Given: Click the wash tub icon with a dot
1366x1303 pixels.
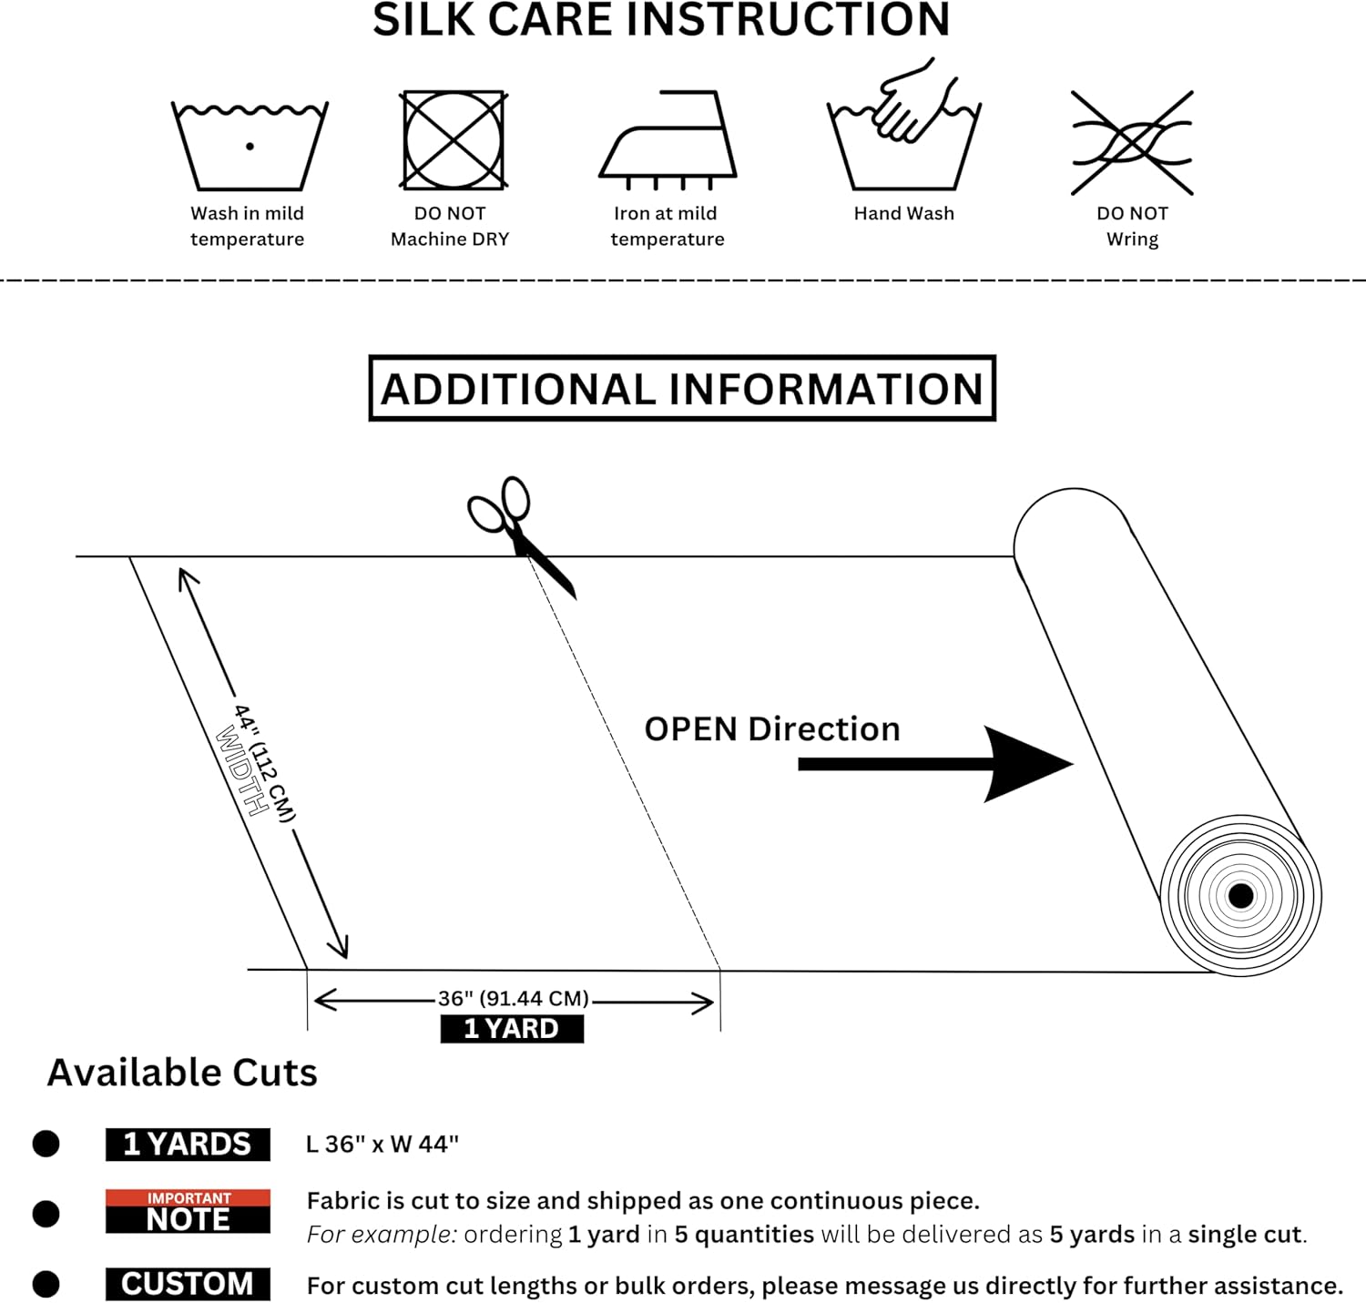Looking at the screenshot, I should pos(249,146).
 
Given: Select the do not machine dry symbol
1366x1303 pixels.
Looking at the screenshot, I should pos(454,140).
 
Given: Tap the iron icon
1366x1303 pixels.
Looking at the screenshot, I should pos(667,141).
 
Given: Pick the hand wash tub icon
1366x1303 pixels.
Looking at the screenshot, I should pos(903,132).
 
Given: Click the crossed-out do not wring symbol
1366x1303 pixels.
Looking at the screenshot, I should pos(1132,142).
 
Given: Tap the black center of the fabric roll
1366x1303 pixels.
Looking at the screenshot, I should pos(1240,896).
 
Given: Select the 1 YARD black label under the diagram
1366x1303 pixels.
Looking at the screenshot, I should pos(511,1029).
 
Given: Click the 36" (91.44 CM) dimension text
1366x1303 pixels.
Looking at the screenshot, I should pos(514,999).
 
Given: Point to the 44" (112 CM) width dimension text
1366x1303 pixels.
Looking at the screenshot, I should pos(265,763).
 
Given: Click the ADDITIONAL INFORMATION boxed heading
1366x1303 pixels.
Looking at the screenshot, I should pos(682,389).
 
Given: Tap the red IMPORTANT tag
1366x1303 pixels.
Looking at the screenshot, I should pos(189,1198).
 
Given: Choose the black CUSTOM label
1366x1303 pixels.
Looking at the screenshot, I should pos(188,1284).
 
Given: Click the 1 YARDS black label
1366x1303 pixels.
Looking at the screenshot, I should pos(188,1145).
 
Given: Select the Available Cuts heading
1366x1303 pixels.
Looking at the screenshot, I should pos(182,1073).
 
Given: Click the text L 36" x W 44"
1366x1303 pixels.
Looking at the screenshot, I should pos(382,1145).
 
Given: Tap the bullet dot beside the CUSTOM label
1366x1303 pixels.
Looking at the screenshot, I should pos(46,1285).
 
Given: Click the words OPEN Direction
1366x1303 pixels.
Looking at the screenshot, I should pos(771,729).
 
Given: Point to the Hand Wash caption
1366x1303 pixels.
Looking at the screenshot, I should pos(903,213).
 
